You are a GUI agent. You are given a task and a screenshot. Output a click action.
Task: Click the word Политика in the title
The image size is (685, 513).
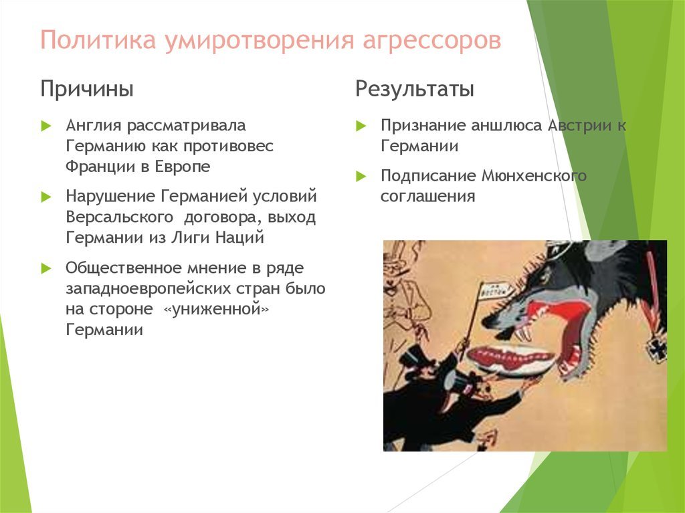pos(98,40)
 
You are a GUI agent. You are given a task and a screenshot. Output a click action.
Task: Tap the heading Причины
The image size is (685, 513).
pos(87,90)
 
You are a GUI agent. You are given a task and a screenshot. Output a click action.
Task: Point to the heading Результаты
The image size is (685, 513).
pos(415,89)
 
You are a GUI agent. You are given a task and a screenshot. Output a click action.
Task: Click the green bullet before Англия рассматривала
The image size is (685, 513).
pos(46,126)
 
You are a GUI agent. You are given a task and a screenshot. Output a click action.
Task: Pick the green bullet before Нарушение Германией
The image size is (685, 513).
pos(46,197)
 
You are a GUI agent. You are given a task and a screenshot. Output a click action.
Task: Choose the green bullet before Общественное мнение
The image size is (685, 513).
pos(46,268)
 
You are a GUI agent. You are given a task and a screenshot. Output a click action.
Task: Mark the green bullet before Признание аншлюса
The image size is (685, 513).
pos(361,126)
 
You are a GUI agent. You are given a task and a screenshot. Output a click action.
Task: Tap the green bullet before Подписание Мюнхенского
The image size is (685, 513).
pos(361,176)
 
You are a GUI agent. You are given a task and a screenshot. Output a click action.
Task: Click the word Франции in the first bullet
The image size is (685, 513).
pos(100,167)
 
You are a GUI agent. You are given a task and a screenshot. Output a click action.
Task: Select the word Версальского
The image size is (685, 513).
pos(120,217)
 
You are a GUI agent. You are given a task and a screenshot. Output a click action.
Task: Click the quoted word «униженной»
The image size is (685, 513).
pos(216,310)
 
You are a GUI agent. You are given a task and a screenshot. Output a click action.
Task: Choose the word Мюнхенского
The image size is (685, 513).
pos(534,176)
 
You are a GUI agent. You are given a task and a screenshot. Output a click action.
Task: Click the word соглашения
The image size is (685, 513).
pos(427,197)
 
